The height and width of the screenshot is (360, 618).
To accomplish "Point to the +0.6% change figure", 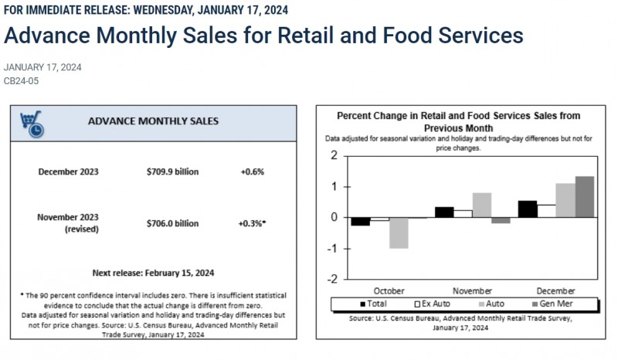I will (x=252, y=171).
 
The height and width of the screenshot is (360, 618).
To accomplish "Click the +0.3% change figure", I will (x=252, y=223).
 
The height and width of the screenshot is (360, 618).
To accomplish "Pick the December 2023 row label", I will (x=68, y=171).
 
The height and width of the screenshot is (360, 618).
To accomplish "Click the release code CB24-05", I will (x=21, y=80).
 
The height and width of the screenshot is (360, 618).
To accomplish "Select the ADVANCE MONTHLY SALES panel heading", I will (x=153, y=121).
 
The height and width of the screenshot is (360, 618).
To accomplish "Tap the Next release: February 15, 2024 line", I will (x=153, y=273).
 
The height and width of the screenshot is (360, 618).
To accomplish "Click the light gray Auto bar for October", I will (x=399, y=233).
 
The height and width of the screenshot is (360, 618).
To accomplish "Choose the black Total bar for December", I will (x=527, y=209).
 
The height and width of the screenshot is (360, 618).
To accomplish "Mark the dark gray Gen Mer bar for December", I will (x=585, y=196).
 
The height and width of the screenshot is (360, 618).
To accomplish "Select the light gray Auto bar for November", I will (x=481, y=205).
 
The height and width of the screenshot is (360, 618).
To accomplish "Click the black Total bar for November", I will (x=444, y=212).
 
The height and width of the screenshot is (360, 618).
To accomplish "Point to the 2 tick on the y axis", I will (x=334, y=155).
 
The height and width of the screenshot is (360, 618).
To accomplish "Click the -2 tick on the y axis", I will (x=332, y=279).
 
